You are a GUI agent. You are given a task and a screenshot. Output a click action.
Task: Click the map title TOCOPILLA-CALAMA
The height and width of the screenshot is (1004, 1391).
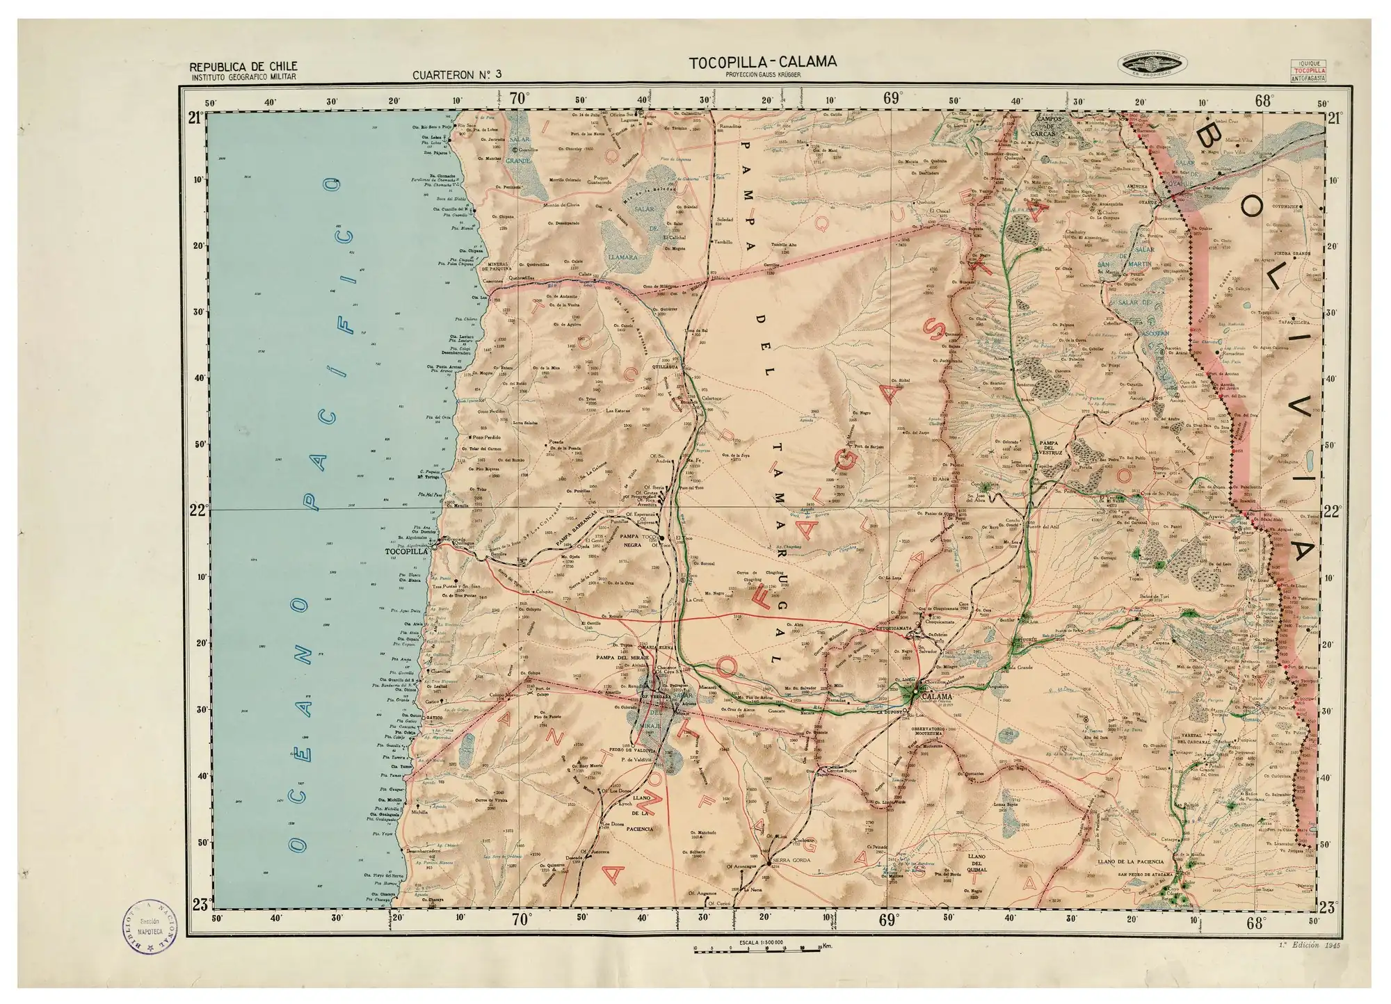point(763,62)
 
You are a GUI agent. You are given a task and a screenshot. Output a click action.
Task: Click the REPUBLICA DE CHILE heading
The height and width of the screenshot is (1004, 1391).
point(239,67)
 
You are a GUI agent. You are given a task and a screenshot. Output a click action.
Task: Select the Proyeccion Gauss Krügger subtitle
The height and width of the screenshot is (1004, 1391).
point(762,74)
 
